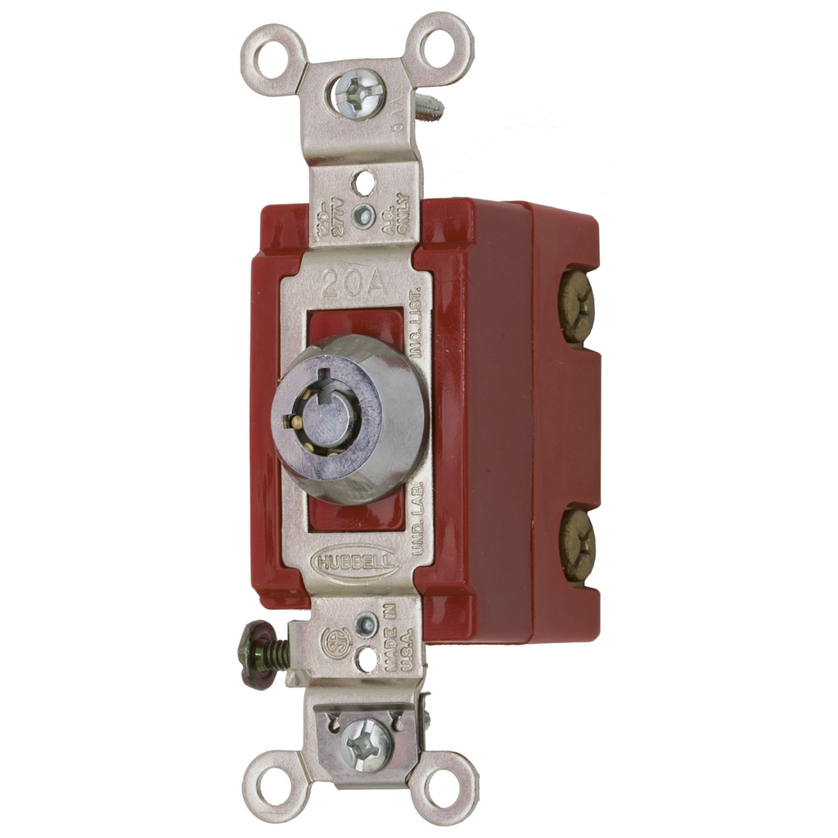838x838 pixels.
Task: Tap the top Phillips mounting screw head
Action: (x=358, y=93)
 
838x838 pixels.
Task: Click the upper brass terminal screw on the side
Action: (x=576, y=306)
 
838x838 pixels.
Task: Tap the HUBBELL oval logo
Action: (x=355, y=562)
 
